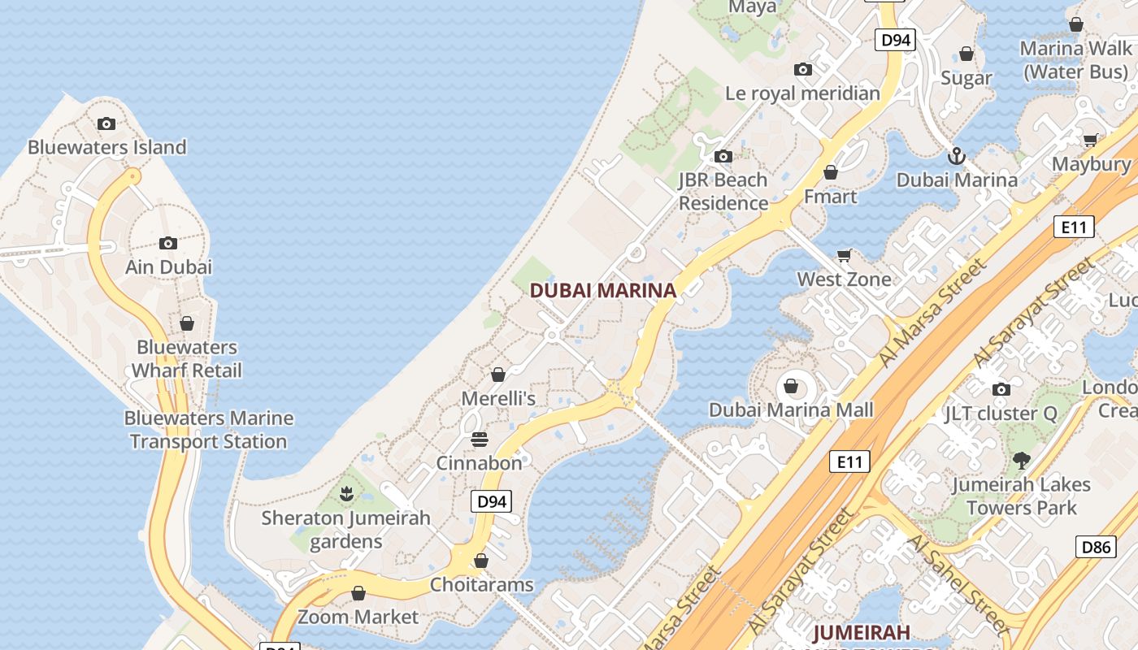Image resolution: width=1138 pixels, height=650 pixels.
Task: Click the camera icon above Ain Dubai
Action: click(168, 243)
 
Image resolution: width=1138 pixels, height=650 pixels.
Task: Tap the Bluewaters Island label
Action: click(107, 147)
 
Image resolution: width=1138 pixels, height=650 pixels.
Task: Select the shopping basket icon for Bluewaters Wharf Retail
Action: click(187, 323)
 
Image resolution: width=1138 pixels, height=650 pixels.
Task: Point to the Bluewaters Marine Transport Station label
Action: click(209, 430)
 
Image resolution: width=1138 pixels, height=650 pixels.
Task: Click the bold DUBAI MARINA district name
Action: click(603, 290)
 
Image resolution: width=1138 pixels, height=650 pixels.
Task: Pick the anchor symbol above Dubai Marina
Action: click(957, 155)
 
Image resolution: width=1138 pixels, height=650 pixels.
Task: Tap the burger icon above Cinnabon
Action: click(480, 440)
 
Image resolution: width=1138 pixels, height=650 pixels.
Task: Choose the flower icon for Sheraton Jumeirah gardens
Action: click(346, 493)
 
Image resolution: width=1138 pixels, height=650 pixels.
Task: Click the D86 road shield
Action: click(1096, 547)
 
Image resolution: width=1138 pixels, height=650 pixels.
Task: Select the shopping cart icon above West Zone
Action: click(845, 256)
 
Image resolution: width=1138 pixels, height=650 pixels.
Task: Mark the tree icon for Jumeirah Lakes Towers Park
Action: click(1021, 461)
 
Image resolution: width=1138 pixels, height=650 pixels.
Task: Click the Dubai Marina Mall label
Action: click(791, 409)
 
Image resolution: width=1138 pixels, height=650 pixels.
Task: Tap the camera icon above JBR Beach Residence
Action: click(723, 156)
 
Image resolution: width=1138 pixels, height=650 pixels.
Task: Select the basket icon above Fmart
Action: click(831, 172)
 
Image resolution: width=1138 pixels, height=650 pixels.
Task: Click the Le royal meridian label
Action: click(802, 93)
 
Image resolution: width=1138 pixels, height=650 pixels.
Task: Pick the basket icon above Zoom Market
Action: click(358, 593)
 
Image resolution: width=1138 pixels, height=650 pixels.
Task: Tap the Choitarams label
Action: click(481, 585)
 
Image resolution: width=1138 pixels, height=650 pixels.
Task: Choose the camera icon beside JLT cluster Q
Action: click(1001, 389)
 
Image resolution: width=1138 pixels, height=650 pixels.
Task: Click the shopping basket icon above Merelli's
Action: click(498, 375)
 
